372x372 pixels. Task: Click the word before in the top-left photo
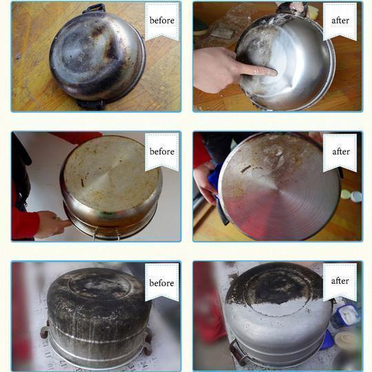pyautogui.click(x=162, y=21)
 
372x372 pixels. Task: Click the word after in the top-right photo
pyautogui.click(x=340, y=21)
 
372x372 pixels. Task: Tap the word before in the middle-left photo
pyautogui.click(x=162, y=152)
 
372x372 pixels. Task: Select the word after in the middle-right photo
pyautogui.click(x=341, y=152)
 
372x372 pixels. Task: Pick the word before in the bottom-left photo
pyautogui.click(x=162, y=283)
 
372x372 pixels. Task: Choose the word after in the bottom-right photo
pyautogui.click(x=340, y=281)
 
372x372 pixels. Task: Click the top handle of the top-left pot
pyautogui.click(x=94, y=8)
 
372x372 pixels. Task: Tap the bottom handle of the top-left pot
pyautogui.click(x=92, y=105)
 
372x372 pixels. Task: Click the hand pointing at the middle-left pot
pyautogui.click(x=52, y=223)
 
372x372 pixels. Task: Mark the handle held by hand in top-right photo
pyautogui.click(x=293, y=8)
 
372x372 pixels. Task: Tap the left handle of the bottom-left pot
pyautogui.click(x=44, y=330)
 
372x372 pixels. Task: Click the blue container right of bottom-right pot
pyautogui.click(x=346, y=315)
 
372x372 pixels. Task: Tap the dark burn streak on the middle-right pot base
pyautogui.click(x=246, y=169)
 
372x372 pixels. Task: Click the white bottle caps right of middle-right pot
pyautogui.click(x=351, y=196)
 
